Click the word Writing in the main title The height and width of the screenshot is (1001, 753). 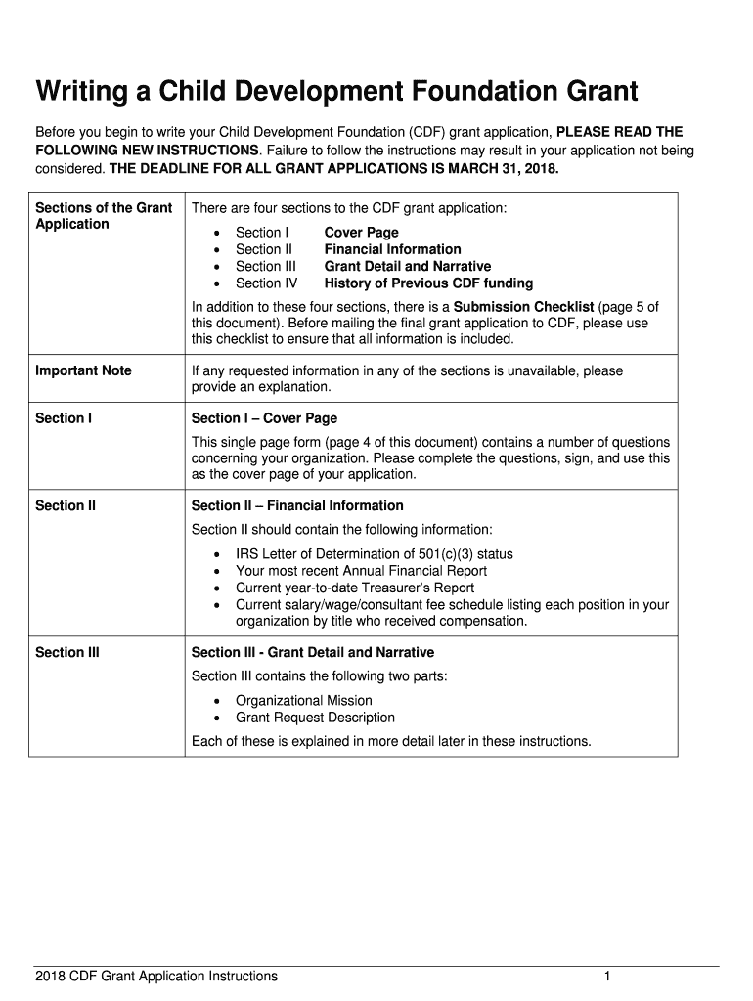[x=81, y=93]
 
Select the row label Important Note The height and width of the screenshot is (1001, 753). [x=83, y=370]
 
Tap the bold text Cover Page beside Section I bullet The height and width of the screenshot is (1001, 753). [x=361, y=233]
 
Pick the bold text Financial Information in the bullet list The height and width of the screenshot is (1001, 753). [x=392, y=249]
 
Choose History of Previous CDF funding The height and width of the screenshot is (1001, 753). [x=428, y=283]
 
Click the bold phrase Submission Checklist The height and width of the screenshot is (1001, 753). [x=523, y=306]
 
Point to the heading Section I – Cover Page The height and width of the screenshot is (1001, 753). [x=264, y=418]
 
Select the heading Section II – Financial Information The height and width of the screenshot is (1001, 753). [x=297, y=505]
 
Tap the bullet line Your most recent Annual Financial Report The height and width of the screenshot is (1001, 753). [x=361, y=571]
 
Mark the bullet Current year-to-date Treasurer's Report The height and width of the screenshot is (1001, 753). [x=355, y=588]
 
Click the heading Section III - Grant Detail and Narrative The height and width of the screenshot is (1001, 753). [x=312, y=652]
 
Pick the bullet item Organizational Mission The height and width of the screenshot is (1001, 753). [x=303, y=701]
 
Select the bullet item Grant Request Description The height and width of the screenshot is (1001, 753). [x=315, y=718]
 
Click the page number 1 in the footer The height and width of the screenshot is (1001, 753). [x=607, y=976]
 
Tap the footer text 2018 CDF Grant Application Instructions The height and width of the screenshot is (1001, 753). [x=156, y=976]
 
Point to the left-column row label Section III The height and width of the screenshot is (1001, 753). [x=66, y=652]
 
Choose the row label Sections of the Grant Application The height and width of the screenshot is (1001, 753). [x=103, y=215]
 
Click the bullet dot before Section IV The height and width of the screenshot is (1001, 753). [x=216, y=283]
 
